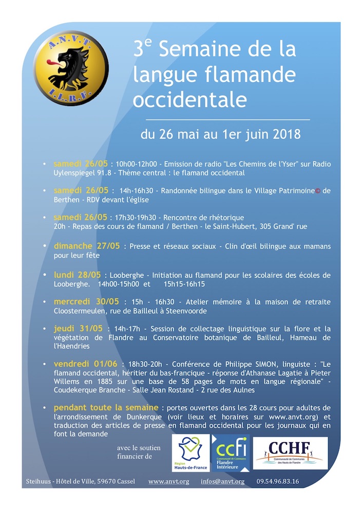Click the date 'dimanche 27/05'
87,246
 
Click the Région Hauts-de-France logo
190,453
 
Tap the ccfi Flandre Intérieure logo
231,453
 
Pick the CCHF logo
290,453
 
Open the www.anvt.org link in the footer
169,481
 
